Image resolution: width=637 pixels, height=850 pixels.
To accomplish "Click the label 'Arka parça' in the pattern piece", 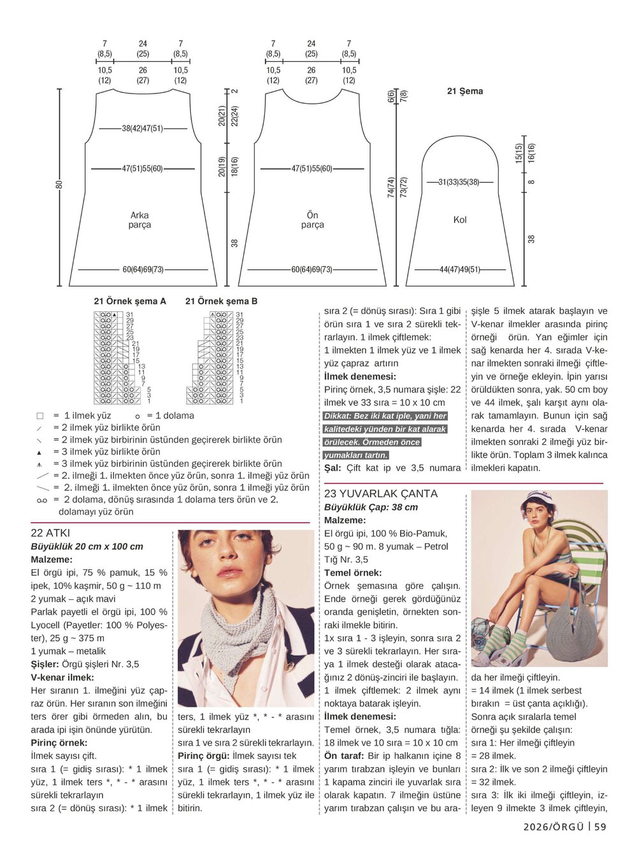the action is pos(140,220).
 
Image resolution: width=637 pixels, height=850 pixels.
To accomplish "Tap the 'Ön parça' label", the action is pos(312,220).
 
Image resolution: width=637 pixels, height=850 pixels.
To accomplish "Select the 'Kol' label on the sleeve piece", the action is pos(460,220).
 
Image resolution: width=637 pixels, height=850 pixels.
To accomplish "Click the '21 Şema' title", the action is pos(464,92).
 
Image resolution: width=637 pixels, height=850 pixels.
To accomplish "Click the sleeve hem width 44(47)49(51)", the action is pos(460,269).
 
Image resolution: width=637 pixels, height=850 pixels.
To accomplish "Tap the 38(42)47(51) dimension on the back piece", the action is pos(143,128).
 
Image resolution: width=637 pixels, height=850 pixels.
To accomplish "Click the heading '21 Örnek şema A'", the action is pos(130,301).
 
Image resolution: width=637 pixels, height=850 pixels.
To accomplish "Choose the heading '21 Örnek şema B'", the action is pos(221,301).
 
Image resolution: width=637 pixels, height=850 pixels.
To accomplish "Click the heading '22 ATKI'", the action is pos(50,533).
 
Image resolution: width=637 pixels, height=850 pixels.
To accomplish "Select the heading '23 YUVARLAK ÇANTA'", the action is pos(381,493).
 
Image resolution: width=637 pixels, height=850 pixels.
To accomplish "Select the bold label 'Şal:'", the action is pos(333,468).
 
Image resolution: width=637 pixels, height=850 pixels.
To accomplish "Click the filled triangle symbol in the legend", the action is pos(39,452).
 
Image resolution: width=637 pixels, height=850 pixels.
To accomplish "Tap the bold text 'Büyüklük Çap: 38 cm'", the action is pos(371,507).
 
